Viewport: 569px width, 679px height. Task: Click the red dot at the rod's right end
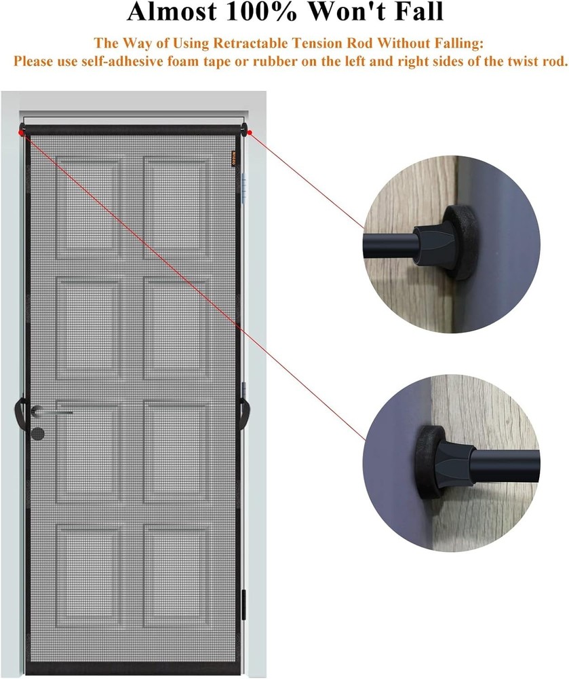click(250, 132)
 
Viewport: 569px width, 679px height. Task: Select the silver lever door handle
click(54, 410)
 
